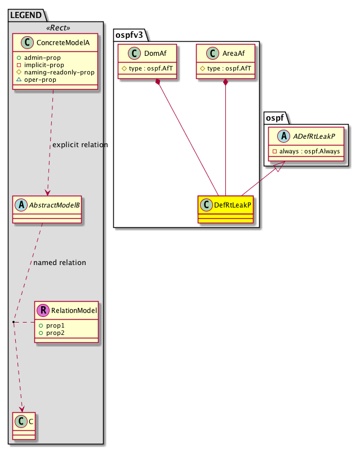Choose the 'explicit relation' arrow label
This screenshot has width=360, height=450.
(x=79, y=145)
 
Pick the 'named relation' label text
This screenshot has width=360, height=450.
(x=60, y=262)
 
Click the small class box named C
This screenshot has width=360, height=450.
(x=23, y=426)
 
